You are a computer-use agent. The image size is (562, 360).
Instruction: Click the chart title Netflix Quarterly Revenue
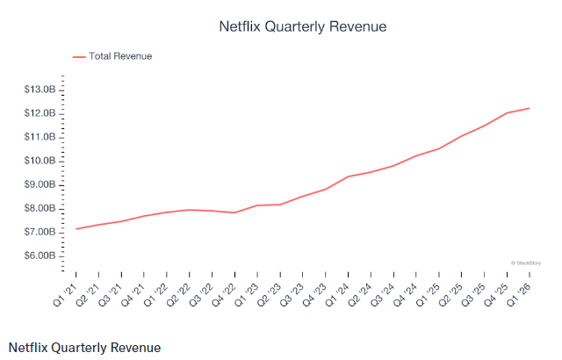[x=302, y=27]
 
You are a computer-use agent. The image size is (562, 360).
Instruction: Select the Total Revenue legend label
[x=121, y=56]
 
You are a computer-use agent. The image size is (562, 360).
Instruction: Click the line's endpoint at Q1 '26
[x=530, y=108]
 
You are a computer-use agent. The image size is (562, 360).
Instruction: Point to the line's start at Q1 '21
[x=76, y=229]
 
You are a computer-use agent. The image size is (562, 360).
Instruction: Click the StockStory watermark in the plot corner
[x=524, y=263]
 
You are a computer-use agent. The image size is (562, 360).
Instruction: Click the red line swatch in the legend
[x=79, y=56]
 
